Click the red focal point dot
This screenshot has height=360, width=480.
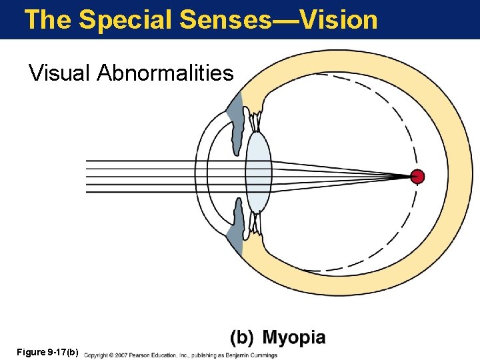(417, 177)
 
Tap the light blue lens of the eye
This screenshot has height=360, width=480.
(258, 172)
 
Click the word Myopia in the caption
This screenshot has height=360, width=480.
(294, 338)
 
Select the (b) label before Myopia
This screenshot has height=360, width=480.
(242, 338)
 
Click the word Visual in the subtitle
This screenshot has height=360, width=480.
(59, 73)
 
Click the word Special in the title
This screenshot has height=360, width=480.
(126, 19)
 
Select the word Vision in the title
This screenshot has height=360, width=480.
(339, 19)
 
